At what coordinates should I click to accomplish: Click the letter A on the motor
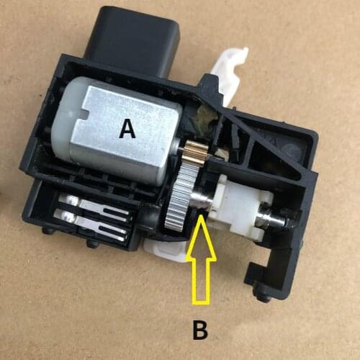127,129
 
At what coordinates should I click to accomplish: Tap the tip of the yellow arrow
202,221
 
